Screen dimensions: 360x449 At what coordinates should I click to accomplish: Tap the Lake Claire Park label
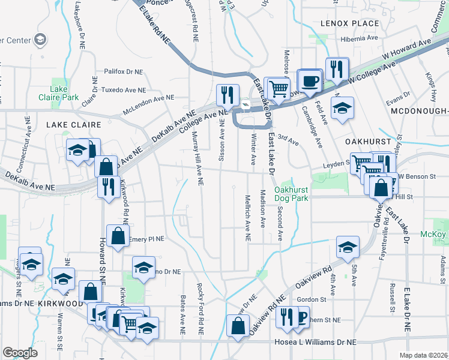(x=64, y=93)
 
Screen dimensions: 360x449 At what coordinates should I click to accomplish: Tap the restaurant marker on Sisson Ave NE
(x=228, y=94)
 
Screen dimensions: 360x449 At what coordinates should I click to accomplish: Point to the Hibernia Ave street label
(x=358, y=37)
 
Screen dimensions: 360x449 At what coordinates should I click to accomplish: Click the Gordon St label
(x=311, y=299)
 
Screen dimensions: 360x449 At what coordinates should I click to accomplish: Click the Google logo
(x=20, y=353)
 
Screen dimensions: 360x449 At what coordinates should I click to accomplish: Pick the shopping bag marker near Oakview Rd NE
(x=238, y=326)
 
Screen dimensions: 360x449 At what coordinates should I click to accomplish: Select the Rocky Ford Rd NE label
(x=197, y=308)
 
